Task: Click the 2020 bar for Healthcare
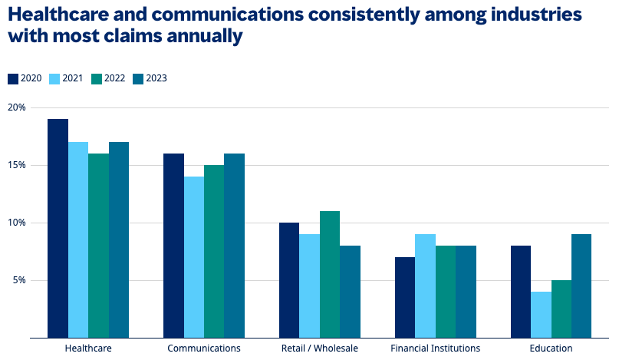pos(58,228)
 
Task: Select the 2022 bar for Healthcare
pos(98,246)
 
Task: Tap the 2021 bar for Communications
pos(193,257)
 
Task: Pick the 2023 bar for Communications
pos(234,246)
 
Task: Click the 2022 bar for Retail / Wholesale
pos(330,274)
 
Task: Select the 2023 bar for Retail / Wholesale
pos(350,292)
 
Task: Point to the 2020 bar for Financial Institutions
pos(404,297)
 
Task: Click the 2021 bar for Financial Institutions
pos(425,286)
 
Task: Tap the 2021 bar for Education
pos(540,315)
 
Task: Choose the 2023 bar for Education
pos(581,286)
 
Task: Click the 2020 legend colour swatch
pos(13,78)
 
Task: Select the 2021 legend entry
pos(66,78)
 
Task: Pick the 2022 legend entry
pos(107,78)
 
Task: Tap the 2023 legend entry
pos(150,78)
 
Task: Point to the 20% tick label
pos(16,107)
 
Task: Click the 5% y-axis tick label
pos(18,280)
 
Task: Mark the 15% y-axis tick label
pos(16,165)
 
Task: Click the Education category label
pos(550,348)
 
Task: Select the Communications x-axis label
pos(203,348)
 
